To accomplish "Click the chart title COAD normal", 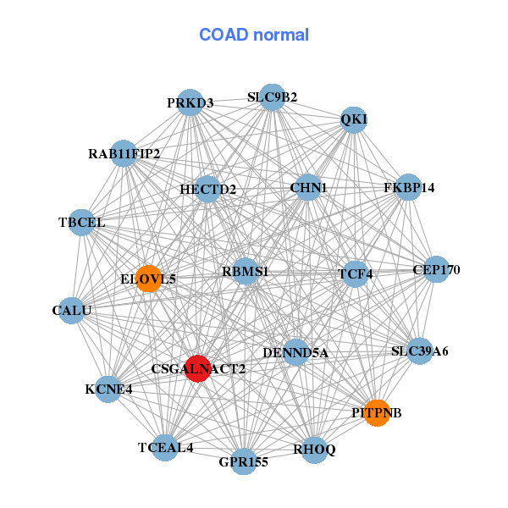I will [x=254, y=36].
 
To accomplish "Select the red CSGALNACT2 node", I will [x=197, y=368].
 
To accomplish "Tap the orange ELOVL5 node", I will [x=149, y=279].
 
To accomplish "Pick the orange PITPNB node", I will [x=377, y=412].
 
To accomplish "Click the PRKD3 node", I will [x=190, y=103].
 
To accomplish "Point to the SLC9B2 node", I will [x=272, y=97].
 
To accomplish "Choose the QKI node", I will [x=354, y=119].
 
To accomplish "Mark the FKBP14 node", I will [x=408, y=187].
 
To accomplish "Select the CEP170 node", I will [x=436, y=270].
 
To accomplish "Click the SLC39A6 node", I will [x=420, y=351].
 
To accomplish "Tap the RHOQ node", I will [x=314, y=450].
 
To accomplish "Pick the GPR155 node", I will [x=244, y=461].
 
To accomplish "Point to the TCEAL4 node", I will [x=166, y=447].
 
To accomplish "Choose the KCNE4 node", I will [x=108, y=389].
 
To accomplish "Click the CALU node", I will [x=72, y=311].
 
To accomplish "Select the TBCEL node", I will [x=81, y=223].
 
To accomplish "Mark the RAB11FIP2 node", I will [x=124, y=154].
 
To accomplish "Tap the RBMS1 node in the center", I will [x=246, y=272].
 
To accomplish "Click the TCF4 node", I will [x=356, y=273].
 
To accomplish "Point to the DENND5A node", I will [x=295, y=352].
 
